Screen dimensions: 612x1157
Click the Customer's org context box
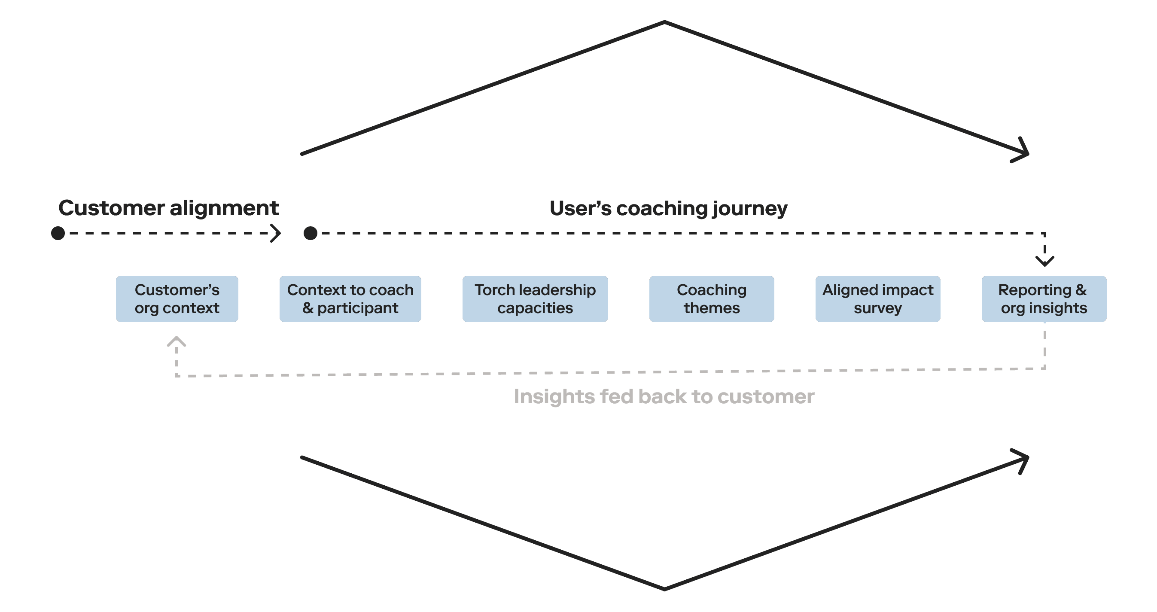pos(177,298)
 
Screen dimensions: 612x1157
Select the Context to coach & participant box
pos(350,298)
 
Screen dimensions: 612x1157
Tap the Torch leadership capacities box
pos(535,298)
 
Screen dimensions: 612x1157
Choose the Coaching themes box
pos(712,298)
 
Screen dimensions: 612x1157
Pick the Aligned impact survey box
pos(878,298)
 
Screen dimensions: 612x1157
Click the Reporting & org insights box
pos(1044,298)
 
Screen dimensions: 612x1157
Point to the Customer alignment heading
pos(168,208)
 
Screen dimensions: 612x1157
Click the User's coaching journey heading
pos(668,208)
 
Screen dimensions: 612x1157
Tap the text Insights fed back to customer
pos(664,396)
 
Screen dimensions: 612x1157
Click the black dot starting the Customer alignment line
pos(58,233)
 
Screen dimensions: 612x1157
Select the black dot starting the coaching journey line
pos(311,233)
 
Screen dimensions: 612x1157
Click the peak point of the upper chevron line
pos(664,21)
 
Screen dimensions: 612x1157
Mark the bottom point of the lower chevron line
pos(664,589)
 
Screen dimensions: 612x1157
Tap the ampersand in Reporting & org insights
pos(1081,290)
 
